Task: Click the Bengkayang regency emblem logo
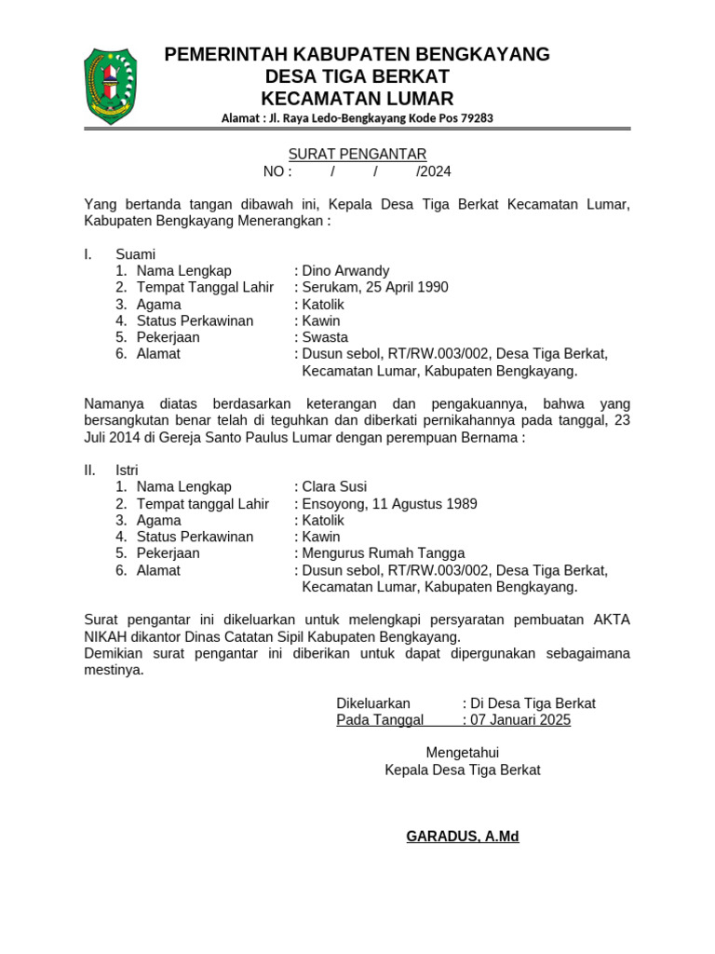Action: (x=110, y=85)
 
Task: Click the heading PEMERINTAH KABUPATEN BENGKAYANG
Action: (x=357, y=54)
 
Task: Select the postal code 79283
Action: (x=475, y=118)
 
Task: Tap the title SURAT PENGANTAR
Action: (x=357, y=154)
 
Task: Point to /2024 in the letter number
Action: (x=434, y=171)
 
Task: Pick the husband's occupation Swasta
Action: (x=325, y=337)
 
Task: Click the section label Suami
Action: (x=135, y=254)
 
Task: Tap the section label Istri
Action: (x=128, y=470)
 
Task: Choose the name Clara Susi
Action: (x=334, y=487)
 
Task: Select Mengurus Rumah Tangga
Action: (x=383, y=553)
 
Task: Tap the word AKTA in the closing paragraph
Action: (x=611, y=620)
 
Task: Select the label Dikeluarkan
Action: (x=373, y=703)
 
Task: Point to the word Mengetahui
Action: (x=463, y=753)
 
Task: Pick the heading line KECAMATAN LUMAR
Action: (x=357, y=99)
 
